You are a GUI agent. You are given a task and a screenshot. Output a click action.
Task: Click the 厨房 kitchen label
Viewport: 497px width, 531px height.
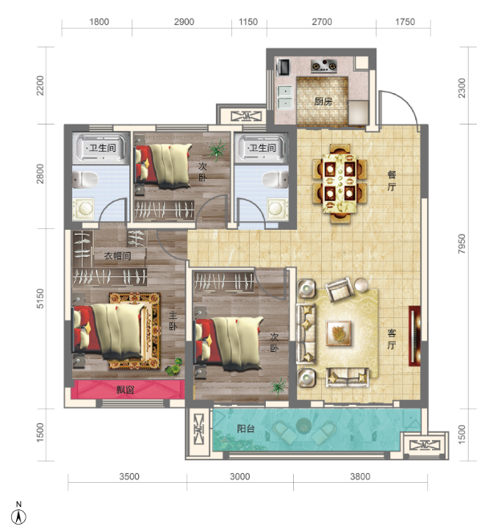pos(323,101)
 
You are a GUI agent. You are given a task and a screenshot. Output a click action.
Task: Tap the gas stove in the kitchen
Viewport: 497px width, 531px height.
pos(324,66)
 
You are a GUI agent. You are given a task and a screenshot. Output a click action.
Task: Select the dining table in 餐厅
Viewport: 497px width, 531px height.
pos(340,183)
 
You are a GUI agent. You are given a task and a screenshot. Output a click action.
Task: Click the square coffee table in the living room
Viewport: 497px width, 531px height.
pos(339,333)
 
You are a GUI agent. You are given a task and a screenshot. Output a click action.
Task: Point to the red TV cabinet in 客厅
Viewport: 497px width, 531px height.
pos(415,336)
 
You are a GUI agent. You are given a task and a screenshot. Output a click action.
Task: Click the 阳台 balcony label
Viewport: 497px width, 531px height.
pos(246,429)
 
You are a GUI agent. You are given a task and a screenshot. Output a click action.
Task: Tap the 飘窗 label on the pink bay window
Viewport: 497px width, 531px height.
pos(125,390)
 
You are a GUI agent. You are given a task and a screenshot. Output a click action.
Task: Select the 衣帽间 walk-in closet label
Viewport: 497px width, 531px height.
pos(117,255)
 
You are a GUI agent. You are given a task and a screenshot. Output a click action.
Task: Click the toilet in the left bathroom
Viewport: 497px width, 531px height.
pos(85,179)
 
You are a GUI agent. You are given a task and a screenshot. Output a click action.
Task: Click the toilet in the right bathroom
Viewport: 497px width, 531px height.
pos(275,179)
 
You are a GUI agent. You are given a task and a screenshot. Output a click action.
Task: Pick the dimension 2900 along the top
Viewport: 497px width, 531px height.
pos(184,22)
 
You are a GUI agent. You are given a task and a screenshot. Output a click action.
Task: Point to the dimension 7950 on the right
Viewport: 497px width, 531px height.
pos(462,243)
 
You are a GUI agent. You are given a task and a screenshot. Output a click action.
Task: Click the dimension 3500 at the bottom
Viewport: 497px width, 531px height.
pos(129,476)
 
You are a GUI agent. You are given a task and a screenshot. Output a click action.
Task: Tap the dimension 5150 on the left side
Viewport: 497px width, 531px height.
pos(40,298)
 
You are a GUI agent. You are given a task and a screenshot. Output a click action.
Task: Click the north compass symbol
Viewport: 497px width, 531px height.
pos(18,514)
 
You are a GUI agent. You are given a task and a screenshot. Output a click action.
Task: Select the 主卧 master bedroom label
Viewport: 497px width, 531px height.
pos(173,321)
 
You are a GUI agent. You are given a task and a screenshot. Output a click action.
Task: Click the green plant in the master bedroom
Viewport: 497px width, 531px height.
pos(174,367)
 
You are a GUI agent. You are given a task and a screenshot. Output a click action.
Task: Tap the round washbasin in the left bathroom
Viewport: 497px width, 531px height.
pos(84,208)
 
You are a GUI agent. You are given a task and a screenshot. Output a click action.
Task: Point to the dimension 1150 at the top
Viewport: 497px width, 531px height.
pos(248,22)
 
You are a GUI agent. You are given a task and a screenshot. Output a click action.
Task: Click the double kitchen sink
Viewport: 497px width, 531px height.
pos(285,97)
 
